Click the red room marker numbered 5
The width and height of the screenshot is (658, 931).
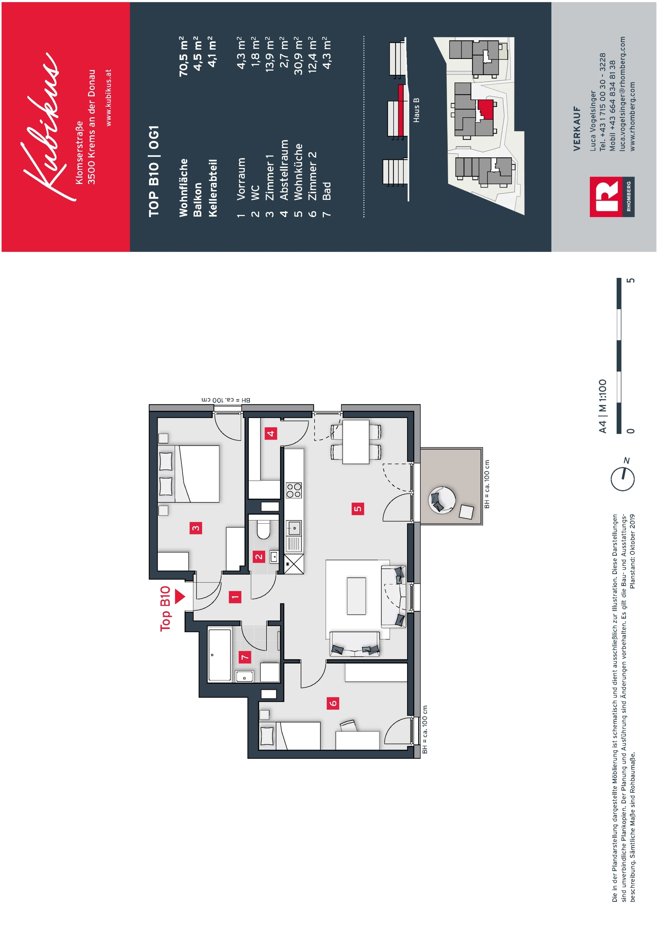pos(358,509)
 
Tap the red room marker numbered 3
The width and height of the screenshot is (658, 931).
pos(196,528)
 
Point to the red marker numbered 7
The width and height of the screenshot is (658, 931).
pos(245,657)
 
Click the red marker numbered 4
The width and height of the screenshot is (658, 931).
pos(271,433)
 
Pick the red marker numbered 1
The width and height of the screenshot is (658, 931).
pos(235,597)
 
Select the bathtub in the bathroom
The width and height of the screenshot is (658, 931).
pos(220,655)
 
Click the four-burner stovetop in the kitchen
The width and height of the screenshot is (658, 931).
pos(294,490)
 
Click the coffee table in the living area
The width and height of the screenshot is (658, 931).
pos(356,596)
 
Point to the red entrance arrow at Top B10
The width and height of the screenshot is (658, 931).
pos(180,596)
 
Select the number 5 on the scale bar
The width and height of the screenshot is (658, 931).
pos(631,281)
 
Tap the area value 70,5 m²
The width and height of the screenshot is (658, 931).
pos(184,56)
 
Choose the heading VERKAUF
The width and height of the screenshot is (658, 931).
pos(577,129)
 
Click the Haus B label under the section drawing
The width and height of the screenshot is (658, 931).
pos(416,110)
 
